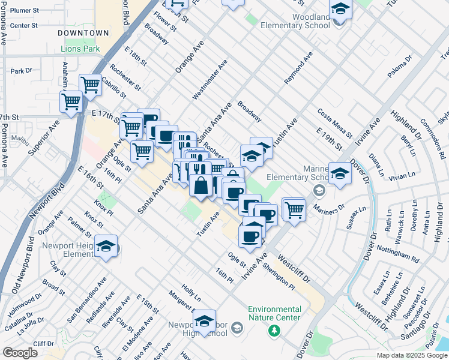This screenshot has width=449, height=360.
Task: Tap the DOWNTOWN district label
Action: [x=83, y=33]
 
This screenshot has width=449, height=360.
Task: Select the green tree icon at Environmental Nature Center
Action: [x=274, y=330]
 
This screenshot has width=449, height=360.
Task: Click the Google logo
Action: [x=20, y=353]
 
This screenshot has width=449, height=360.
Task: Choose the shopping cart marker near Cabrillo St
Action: [x=90, y=85]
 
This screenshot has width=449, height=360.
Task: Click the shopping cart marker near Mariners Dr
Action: [x=294, y=210]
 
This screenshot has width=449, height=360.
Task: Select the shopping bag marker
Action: [x=200, y=185]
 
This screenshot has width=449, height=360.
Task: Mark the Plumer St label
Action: [x=25, y=11]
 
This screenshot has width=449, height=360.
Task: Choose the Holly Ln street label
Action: [x=191, y=293]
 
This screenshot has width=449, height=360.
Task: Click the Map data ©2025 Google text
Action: [x=412, y=355]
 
